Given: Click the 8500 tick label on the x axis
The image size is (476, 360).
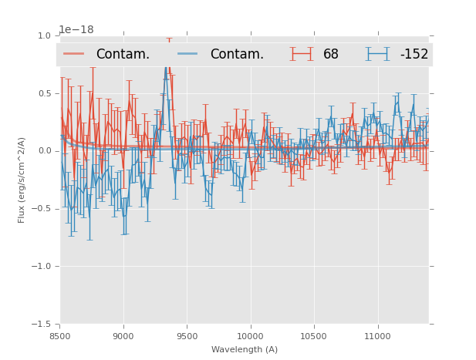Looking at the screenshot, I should click(60, 336).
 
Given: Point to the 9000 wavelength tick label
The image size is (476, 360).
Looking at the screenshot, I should click(123, 336).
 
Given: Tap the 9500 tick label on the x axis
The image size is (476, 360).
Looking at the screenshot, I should click(187, 336).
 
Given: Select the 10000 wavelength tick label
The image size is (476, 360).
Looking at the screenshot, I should click(250, 336).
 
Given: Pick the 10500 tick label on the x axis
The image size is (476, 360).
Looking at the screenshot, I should click(314, 336).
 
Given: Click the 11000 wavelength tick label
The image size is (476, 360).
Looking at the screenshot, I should click(377, 336).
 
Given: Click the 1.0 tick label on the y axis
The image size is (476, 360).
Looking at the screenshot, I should click(43, 36).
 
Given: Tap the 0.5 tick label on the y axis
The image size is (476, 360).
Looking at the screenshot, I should click(43, 94).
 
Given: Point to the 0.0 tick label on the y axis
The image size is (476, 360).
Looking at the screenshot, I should click(43, 151).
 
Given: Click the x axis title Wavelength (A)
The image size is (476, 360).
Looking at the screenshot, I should click(245, 349).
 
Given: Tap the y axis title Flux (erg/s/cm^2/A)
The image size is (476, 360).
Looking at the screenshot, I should click(22, 180).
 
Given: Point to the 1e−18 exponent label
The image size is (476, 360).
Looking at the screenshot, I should click(76, 30).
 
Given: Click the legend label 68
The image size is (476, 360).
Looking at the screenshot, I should click(331, 55).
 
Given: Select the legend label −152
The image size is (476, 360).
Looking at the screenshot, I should click(414, 55).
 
